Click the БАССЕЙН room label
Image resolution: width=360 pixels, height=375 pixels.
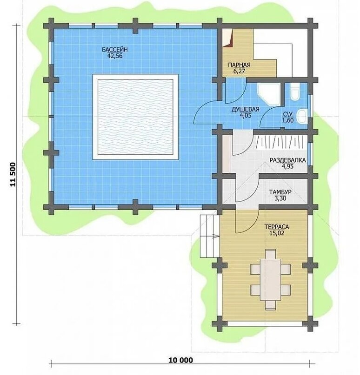coord(115,50)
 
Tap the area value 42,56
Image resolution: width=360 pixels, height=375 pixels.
coord(115,56)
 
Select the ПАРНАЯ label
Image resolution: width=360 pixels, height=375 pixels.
coord(239,65)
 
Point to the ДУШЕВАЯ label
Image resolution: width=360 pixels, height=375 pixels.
coord(245,110)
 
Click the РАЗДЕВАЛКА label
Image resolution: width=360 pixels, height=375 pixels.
coord(288,160)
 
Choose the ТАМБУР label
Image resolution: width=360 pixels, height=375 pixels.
coord(280,192)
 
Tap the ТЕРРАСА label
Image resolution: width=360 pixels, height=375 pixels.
coord(277,227)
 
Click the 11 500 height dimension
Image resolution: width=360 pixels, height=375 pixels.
coord(13,175)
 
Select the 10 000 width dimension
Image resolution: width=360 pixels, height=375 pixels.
coord(181,360)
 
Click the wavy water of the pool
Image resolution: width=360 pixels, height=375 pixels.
coord(135,117)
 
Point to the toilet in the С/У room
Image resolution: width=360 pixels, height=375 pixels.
coord(294,92)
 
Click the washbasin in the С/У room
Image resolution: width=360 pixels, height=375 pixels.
coord(302,117)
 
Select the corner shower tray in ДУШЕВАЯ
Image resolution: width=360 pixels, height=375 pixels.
coord(269,94)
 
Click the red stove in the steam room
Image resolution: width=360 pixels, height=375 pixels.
coord(227,38)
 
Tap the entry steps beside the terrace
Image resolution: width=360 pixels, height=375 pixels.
coord(209,236)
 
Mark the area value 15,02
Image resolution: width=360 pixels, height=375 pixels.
coord(277,233)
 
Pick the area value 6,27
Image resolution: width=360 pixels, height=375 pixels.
coord(239,71)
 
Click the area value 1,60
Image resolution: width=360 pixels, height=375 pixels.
coord(288,120)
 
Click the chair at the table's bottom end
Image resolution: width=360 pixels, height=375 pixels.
coord(271,305)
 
